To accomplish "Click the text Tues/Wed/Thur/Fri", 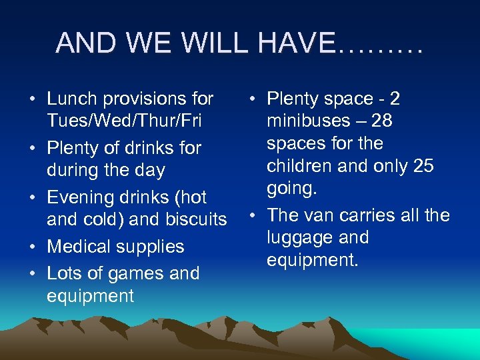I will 124,121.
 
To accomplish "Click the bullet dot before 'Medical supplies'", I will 33,247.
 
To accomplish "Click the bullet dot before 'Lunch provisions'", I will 33,100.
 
